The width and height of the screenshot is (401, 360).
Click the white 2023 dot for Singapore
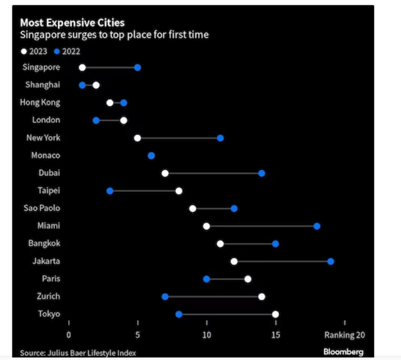click(x=82, y=67)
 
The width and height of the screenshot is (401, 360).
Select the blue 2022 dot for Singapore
click(x=138, y=67)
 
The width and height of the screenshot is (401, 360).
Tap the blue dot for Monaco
click(x=151, y=156)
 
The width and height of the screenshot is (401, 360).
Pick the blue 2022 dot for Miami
click(x=317, y=226)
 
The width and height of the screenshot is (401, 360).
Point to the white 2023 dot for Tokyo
click(x=276, y=314)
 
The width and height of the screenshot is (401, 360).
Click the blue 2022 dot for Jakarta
click(x=331, y=261)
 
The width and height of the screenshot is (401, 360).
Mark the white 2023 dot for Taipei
click(x=179, y=191)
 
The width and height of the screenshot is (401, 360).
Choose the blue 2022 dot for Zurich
click(x=165, y=297)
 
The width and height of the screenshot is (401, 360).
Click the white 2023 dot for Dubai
click(x=165, y=173)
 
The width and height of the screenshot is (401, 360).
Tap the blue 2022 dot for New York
click(x=220, y=138)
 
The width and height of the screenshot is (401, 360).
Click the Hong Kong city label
click(x=40, y=103)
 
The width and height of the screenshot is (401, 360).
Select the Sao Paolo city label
click(x=42, y=208)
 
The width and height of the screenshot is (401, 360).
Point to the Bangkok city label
click(x=44, y=244)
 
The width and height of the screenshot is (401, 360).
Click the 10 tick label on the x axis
click(x=206, y=335)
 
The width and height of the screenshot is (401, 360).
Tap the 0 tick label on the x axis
click(x=69, y=335)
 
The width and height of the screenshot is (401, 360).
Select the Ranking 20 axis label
click(x=344, y=335)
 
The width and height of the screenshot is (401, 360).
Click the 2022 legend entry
click(x=67, y=51)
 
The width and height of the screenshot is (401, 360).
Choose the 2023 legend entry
click(x=36, y=51)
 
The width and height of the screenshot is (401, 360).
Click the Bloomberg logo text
click(x=343, y=352)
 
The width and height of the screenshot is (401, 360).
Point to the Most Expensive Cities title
click(x=72, y=23)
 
